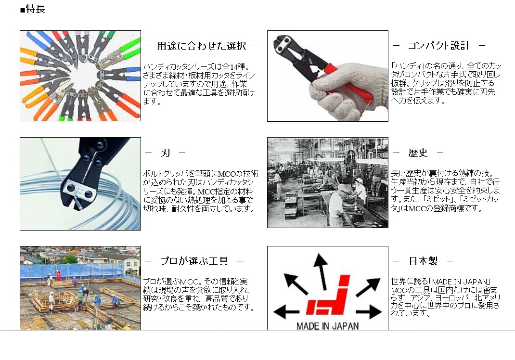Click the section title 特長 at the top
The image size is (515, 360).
pos(36,9)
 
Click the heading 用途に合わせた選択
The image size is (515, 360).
pos(201,46)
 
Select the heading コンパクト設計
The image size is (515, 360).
pos(438,46)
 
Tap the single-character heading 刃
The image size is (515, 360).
pos(165,153)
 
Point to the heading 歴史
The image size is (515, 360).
pos(418,153)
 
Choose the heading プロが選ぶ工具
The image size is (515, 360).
pos(194,261)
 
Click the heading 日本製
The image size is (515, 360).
pos(424,261)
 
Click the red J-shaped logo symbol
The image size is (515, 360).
pos(328,295)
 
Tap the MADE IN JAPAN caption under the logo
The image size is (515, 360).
pos(327,326)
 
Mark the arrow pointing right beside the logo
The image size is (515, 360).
pos(369,311)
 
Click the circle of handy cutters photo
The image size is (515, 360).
pos(80,76)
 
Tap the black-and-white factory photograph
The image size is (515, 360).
pos(328,182)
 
